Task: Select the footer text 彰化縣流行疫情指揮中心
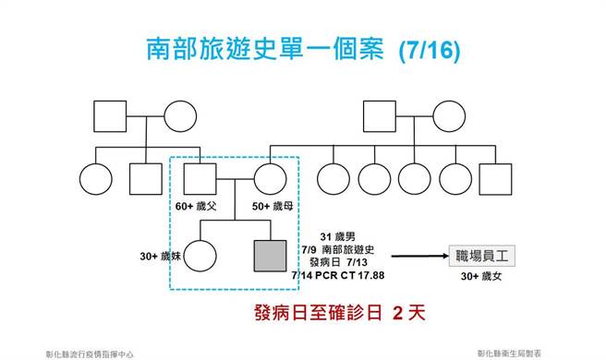click(x=90, y=352)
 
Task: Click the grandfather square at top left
click(x=110, y=115)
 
